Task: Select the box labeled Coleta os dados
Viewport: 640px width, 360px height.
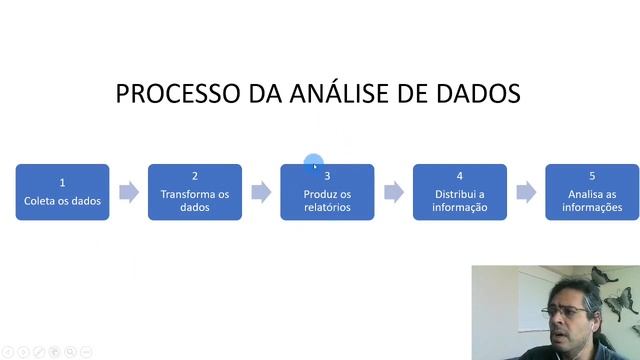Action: coord(62,192)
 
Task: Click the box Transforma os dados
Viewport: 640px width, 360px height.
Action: coord(195,192)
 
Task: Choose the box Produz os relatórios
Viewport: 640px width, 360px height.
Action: coord(327,192)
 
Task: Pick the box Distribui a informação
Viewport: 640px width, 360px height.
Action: coord(460,192)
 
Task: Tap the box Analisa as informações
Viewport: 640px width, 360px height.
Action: coord(592,192)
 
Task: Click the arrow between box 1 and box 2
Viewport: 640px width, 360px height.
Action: coord(129,192)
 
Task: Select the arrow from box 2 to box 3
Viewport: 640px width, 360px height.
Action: coord(261,192)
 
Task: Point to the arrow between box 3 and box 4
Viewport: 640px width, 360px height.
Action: coord(394,192)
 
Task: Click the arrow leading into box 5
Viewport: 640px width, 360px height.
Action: coord(526,192)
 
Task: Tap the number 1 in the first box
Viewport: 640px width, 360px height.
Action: coord(62,183)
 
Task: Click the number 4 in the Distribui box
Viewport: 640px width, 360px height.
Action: coord(460,176)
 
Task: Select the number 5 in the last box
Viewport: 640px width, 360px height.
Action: coord(592,176)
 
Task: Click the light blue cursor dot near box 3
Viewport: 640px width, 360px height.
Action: coord(314,164)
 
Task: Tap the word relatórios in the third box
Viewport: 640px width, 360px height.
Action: coord(327,208)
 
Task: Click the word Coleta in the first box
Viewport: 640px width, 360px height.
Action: coord(41,201)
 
